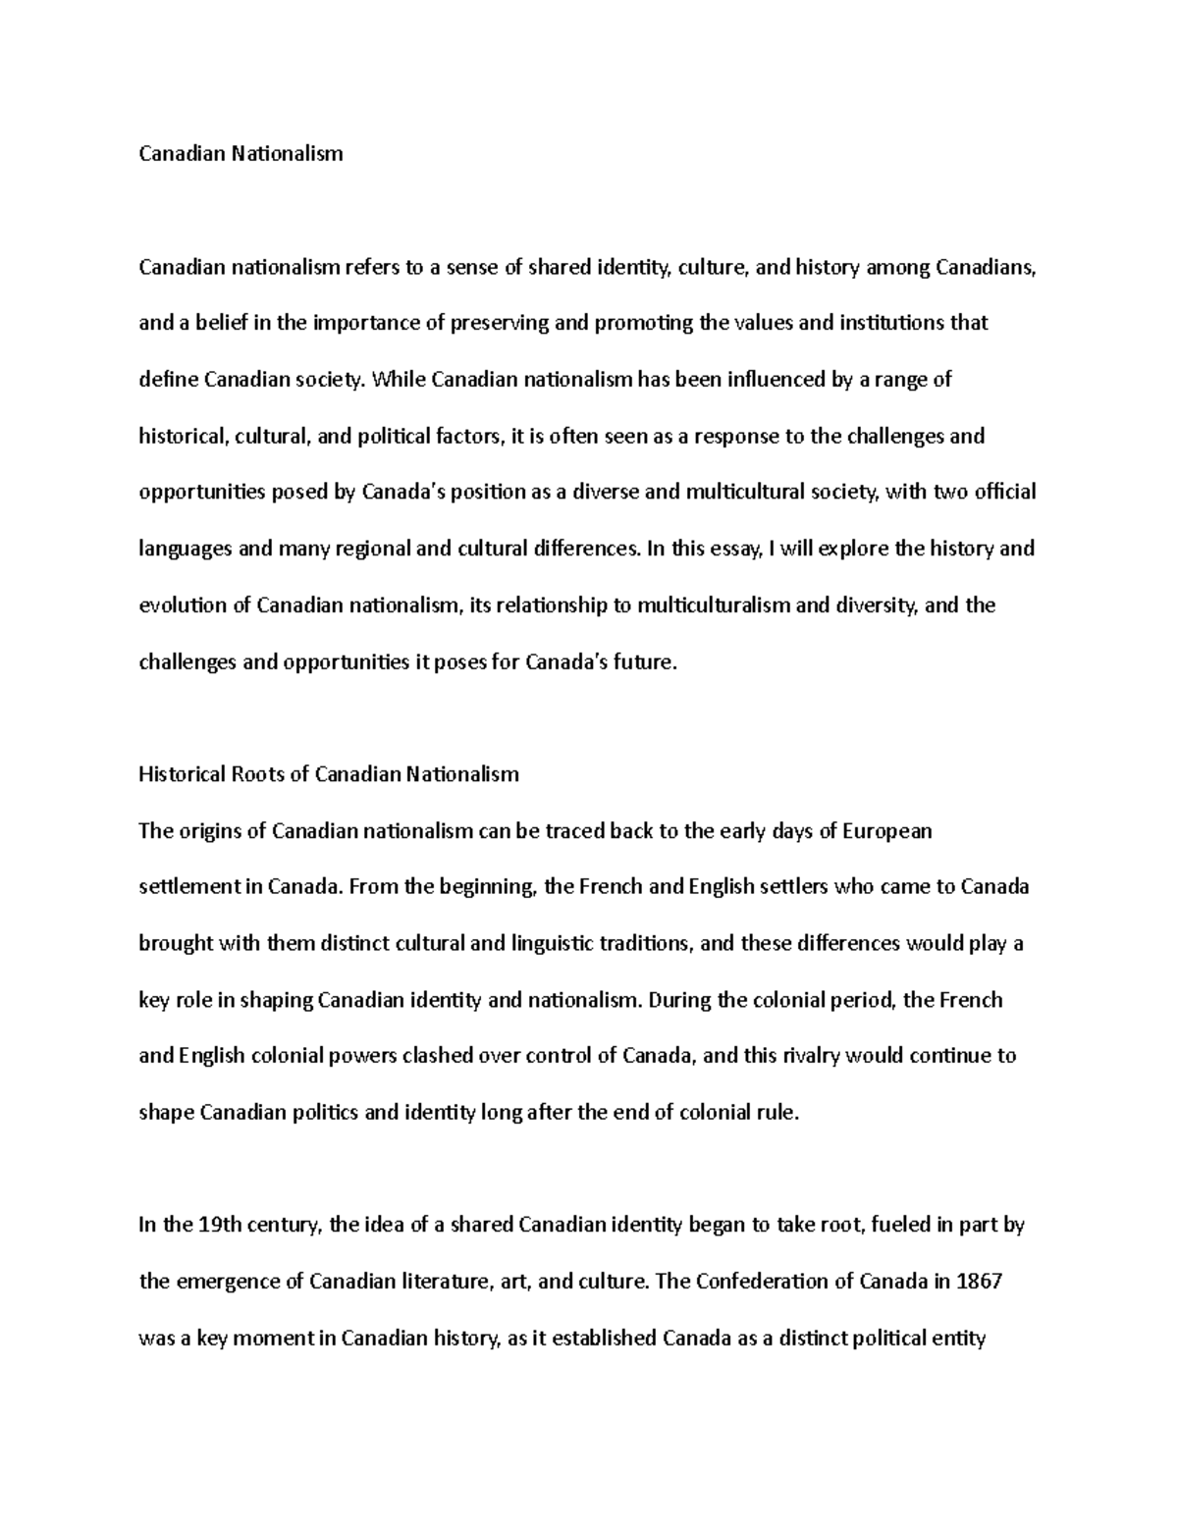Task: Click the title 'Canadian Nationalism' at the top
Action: pos(241,153)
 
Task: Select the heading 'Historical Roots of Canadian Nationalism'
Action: pos(329,774)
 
